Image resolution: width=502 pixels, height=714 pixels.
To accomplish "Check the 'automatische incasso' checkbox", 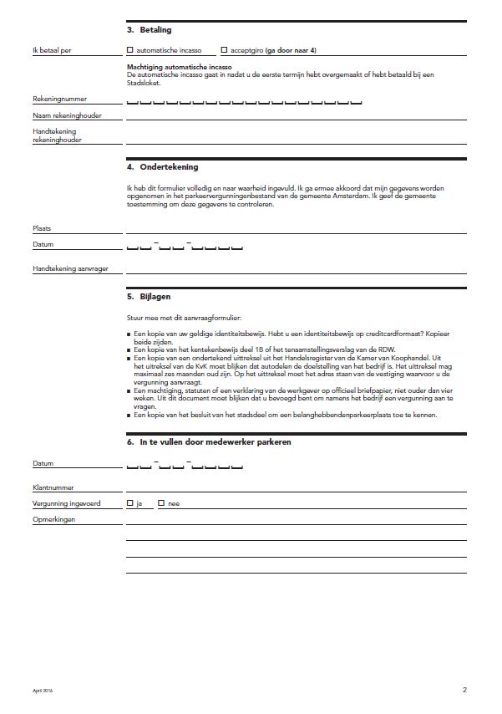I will pos(130,50).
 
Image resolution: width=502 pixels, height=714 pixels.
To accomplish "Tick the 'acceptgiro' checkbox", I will pos(224,50).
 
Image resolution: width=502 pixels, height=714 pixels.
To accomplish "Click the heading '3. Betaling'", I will pos(149,30).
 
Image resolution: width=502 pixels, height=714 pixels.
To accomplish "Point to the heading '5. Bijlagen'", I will pos(150,297).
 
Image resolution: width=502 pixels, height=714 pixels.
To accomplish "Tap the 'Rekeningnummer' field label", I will pos(59,99).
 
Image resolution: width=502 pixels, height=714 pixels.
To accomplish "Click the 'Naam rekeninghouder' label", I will pos(67,115).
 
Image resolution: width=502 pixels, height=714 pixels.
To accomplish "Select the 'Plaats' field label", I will pos(43,228).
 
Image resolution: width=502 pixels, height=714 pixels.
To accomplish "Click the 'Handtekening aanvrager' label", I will pos(71,269).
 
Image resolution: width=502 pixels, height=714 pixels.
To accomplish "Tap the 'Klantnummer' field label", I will pos(53,487).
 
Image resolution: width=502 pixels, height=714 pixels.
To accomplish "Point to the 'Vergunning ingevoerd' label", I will pos(67,504).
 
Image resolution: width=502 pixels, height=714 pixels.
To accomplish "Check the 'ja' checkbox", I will pos(130,503).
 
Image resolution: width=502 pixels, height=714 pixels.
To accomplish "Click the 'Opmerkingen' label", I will pos(54,520).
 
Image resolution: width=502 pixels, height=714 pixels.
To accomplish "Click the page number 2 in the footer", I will pos(464,690).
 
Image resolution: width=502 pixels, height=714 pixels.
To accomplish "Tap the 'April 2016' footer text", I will pos(43,691).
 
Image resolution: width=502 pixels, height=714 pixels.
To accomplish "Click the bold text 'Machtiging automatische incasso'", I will pos(179,66).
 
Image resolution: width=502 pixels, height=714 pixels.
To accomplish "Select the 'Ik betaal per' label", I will pos(52,51).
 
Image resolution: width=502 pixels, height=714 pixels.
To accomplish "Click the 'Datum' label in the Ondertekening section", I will pos(43,245).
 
